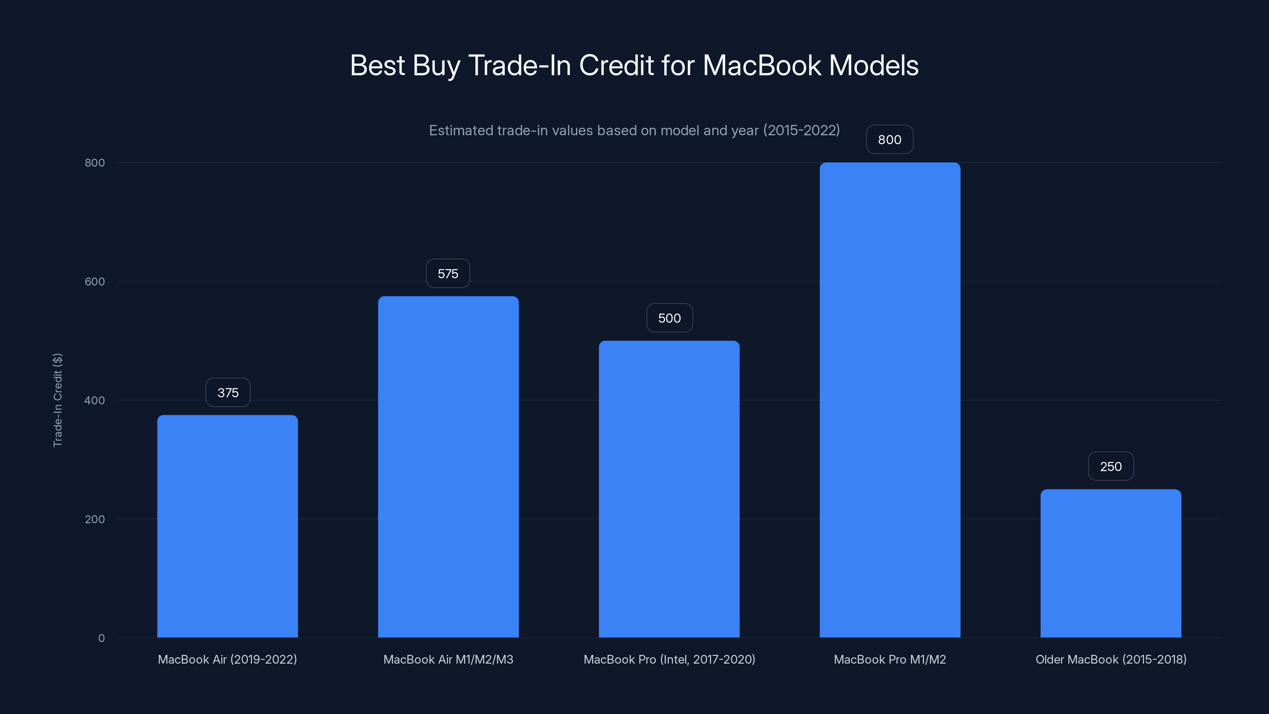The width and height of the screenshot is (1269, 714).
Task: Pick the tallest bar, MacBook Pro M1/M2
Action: (x=889, y=399)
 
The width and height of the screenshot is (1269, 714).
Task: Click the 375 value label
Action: (x=228, y=393)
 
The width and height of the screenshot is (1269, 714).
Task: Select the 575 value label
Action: (x=448, y=273)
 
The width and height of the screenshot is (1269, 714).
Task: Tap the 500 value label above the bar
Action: (x=669, y=318)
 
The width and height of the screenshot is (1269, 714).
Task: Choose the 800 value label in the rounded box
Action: (x=889, y=140)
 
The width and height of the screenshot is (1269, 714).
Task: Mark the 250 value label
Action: (x=1111, y=466)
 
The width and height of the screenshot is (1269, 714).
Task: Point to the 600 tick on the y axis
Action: (x=95, y=281)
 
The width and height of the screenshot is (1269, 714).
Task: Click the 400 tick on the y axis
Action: (x=95, y=400)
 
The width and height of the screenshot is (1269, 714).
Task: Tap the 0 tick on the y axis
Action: (x=102, y=638)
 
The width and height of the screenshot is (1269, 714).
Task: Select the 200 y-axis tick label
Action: (x=95, y=519)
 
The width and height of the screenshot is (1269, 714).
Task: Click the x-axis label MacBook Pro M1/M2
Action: (x=889, y=659)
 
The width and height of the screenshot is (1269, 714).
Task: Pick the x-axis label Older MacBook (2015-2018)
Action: (x=1111, y=659)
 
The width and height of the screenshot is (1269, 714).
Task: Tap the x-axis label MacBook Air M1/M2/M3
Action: (x=448, y=659)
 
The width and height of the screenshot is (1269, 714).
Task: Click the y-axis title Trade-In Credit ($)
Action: (x=58, y=400)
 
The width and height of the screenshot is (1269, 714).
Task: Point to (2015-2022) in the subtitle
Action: (x=801, y=131)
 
